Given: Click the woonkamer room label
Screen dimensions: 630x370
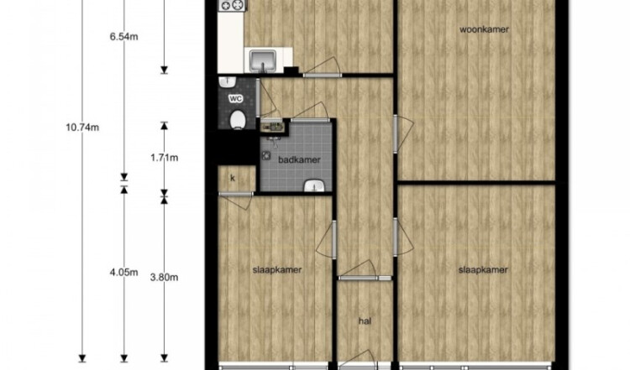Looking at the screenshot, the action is pos(484,29).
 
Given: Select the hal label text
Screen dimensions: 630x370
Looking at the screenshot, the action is pos(365,321).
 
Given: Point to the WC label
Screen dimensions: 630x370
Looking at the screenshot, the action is pos(235,98).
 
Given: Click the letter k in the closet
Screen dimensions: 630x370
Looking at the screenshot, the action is pos(233,178).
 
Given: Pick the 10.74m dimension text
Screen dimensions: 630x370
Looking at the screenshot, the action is pos(82,128).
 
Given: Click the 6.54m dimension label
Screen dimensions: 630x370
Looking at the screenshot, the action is pos(123,37).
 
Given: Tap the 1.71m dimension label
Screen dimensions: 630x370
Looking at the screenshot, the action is pos(165,158).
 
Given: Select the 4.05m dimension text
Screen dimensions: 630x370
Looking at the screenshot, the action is pos(123,273).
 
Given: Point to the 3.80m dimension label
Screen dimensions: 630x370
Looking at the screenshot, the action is pos(165,278).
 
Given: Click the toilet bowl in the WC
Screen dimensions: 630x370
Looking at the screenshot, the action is pos(238,120).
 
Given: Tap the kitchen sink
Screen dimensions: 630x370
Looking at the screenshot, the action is pos(263,61).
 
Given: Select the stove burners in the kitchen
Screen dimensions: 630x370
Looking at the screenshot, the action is pos(232,5).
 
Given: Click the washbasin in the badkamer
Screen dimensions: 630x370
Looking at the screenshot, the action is pos(315,186).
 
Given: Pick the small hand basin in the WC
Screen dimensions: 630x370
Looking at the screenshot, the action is pos(228,82).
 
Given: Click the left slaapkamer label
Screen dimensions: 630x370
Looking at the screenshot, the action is pos(277,270).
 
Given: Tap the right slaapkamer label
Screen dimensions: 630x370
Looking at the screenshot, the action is pos(483,270).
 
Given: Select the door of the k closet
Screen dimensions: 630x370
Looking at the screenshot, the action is pos(236,201).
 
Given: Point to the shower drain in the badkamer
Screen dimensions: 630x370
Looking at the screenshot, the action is pos(265,155).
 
